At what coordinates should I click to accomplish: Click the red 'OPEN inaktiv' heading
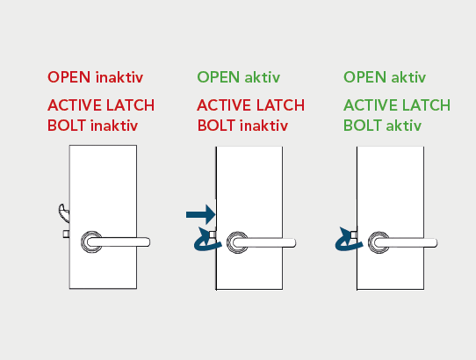tap(96, 77)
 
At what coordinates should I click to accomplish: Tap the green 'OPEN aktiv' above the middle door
tap(239, 77)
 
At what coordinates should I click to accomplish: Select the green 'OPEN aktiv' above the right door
tap(385, 77)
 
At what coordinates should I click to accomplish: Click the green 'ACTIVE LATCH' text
tap(397, 105)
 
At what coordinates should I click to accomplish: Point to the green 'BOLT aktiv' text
tap(383, 126)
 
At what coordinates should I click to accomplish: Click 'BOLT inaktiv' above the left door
tap(92, 126)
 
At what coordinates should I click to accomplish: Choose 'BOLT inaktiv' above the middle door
tap(242, 126)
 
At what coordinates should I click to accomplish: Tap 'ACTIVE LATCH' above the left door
tap(101, 105)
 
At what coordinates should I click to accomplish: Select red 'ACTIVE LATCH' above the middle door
tap(251, 105)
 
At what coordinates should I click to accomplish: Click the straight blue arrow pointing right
tap(200, 214)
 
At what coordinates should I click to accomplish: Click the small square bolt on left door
tap(66, 234)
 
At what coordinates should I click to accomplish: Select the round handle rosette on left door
tap(91, 242)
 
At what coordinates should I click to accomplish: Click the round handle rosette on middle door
tap(237, 242)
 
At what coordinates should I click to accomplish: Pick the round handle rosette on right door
tap(379, 242)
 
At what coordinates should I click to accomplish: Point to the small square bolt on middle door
tap(213, 234)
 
